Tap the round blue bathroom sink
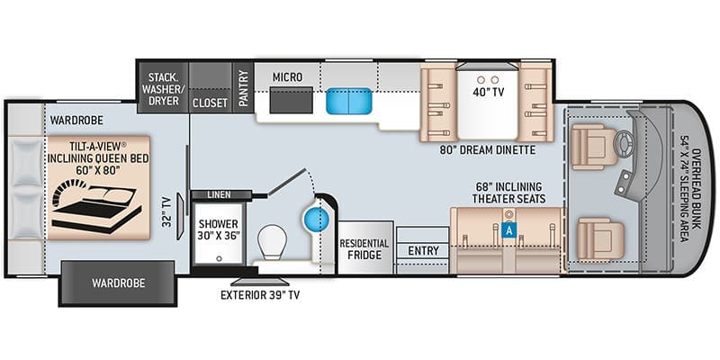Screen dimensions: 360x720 pos(315,219)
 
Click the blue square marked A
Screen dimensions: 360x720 pos(510,229)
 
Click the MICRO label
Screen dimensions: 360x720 pos(287,77)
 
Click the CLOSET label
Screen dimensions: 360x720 pos(210,103)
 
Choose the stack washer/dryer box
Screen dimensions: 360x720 pos(162,87)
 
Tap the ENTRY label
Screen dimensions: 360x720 pos(423,251)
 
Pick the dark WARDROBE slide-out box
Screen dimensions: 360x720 pos(117,283)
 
